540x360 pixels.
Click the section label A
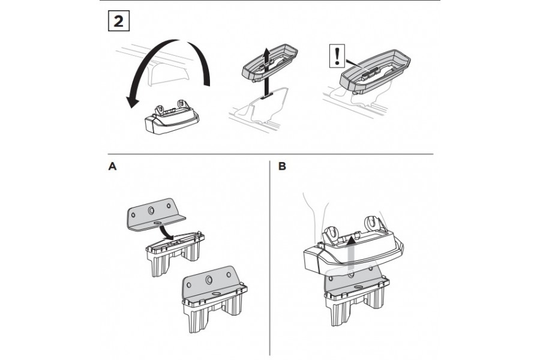pyautogui.click(x=111, y=167)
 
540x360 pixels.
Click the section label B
pyautogui.click(x=283, y=167)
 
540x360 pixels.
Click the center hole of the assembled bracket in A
pyautogui.click(x=209, y=280)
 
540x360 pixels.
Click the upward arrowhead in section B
pyautogui.click(x=349, y=239)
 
